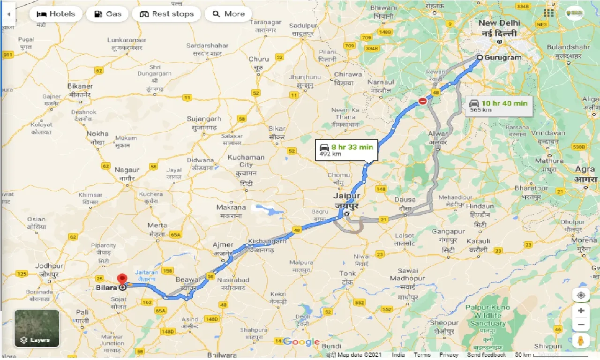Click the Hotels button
coord(55,14)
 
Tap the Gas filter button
coord(107,14)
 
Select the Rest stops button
coord(166,14)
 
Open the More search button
coord(228,14)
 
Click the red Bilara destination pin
coord(123,279)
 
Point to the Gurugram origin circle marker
coord(480,58)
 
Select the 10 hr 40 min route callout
coord(500,106)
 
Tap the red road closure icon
coord(423,101)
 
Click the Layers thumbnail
coord(37,328)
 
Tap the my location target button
coord(581,295)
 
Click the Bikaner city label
coord(80,86)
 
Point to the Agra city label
coord(585,169)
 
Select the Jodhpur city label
coord(49,266)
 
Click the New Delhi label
coord(499,23)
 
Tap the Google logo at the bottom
coord(301,342)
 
